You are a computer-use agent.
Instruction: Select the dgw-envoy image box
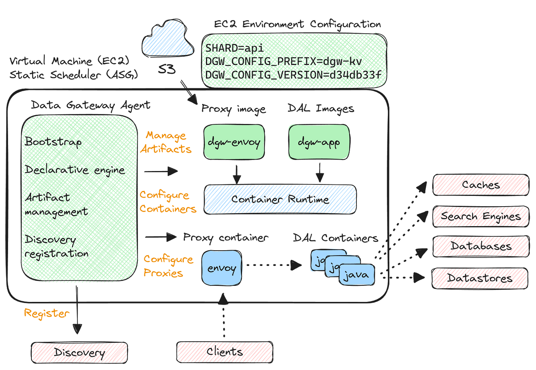coord(234,142)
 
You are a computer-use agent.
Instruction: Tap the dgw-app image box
coord(319,142)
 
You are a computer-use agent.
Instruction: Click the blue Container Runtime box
coord(280,199)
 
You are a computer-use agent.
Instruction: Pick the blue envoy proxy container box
coord(222,268)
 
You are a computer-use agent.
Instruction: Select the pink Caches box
coord(480,185)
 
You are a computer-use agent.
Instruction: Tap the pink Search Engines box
coord(480,216)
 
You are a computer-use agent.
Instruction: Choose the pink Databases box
coord(480,246)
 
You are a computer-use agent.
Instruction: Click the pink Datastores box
coord(480,278)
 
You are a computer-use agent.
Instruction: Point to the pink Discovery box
coord(79,352)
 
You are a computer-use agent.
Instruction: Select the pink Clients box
coord(225,351)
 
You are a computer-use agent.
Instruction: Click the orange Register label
coord(47,313)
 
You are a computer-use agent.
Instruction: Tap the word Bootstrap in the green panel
coord(53,142)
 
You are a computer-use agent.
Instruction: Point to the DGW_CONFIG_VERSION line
coord(293,74)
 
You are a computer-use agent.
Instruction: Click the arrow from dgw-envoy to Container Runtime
coord(237,173)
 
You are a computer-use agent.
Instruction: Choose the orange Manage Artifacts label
coord(166,142)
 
